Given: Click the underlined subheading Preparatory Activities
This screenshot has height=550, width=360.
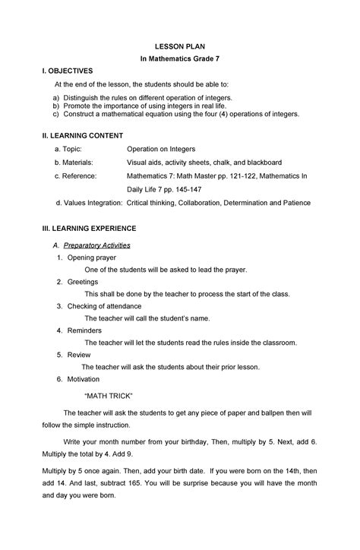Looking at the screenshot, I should point(97,246).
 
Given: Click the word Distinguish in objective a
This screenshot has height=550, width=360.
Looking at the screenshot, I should point(84,99).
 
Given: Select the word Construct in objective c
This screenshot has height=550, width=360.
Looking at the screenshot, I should point(79,114).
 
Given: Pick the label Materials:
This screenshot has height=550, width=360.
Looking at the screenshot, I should point(80,163).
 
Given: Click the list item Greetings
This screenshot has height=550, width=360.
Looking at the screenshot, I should point(83,282).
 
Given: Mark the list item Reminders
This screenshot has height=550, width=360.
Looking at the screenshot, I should point(84,330).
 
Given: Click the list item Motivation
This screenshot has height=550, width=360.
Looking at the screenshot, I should point(83,379).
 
